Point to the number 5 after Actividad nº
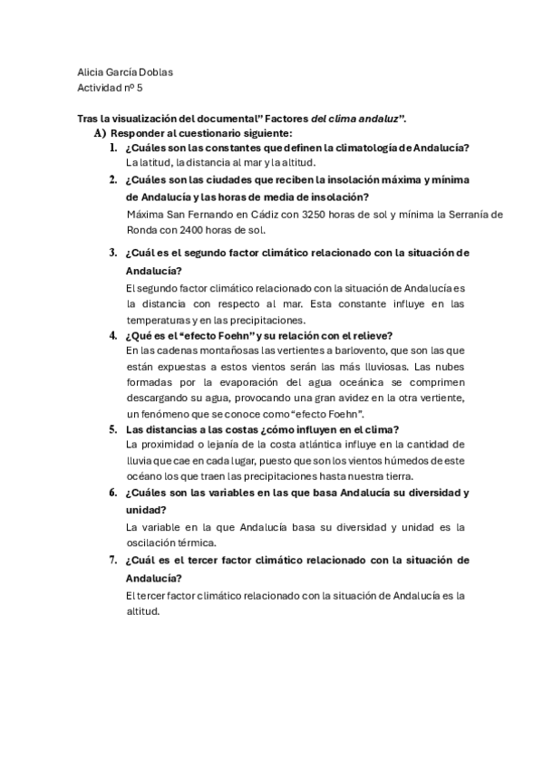coord(139,89)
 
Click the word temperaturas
coord(157,319)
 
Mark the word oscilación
coord(156,542)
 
